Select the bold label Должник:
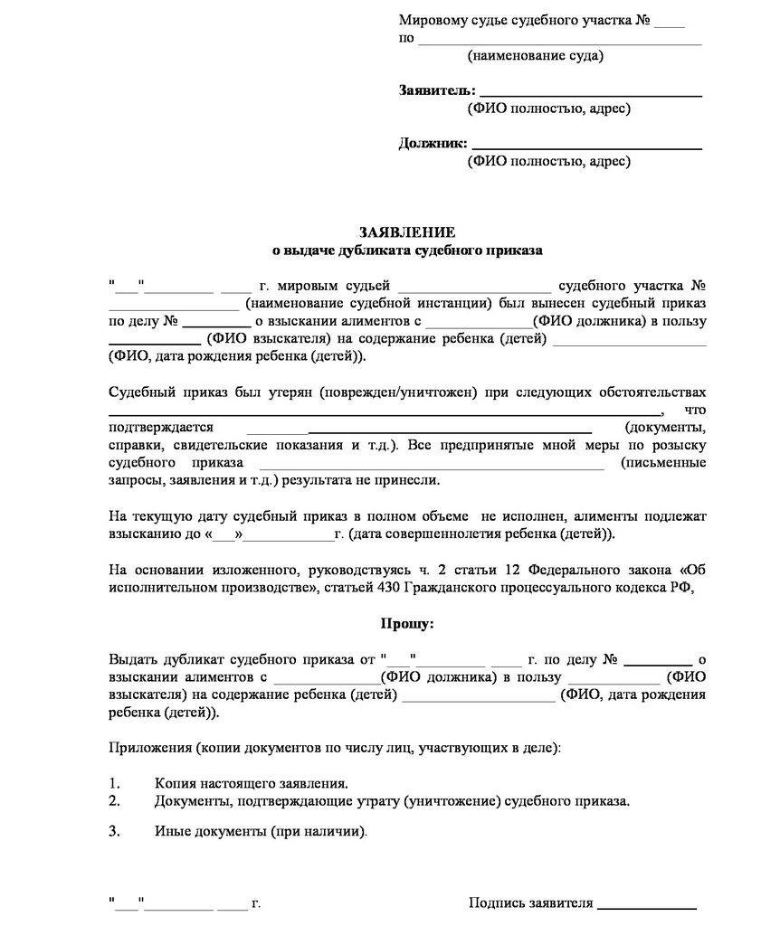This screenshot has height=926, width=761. tap(433, 143)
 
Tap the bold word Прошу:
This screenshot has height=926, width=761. tap(407, 623)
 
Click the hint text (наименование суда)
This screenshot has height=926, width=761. tap(536, 56)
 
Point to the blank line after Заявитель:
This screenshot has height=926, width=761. tap(590, 94)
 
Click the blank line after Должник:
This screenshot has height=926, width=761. tap(586, 146)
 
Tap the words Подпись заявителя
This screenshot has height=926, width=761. tap(530, 902)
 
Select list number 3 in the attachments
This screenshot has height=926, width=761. tap(114, 830)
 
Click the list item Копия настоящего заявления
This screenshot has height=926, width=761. tap(251, 783)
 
